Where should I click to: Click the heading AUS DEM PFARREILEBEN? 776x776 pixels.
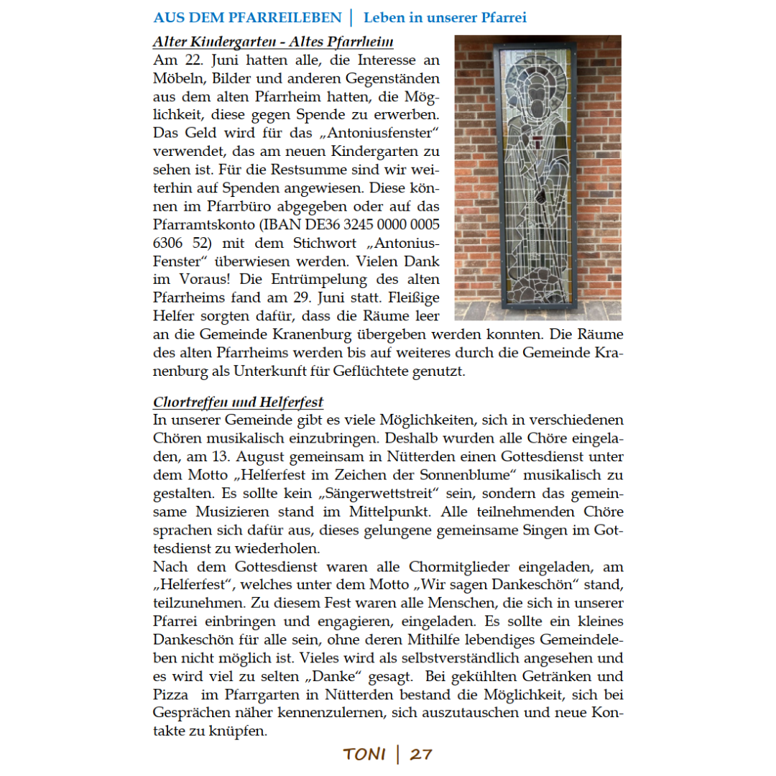click(x=246, y=17)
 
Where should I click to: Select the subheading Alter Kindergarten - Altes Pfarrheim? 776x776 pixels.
click(x=278, y=42)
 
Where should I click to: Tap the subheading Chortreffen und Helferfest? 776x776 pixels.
click(x=239, y=402)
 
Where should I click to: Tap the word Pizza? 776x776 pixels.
click(x=170, y=696)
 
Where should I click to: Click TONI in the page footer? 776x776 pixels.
click(x=364, y=754)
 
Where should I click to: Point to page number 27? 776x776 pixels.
click(x=421, y=754)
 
